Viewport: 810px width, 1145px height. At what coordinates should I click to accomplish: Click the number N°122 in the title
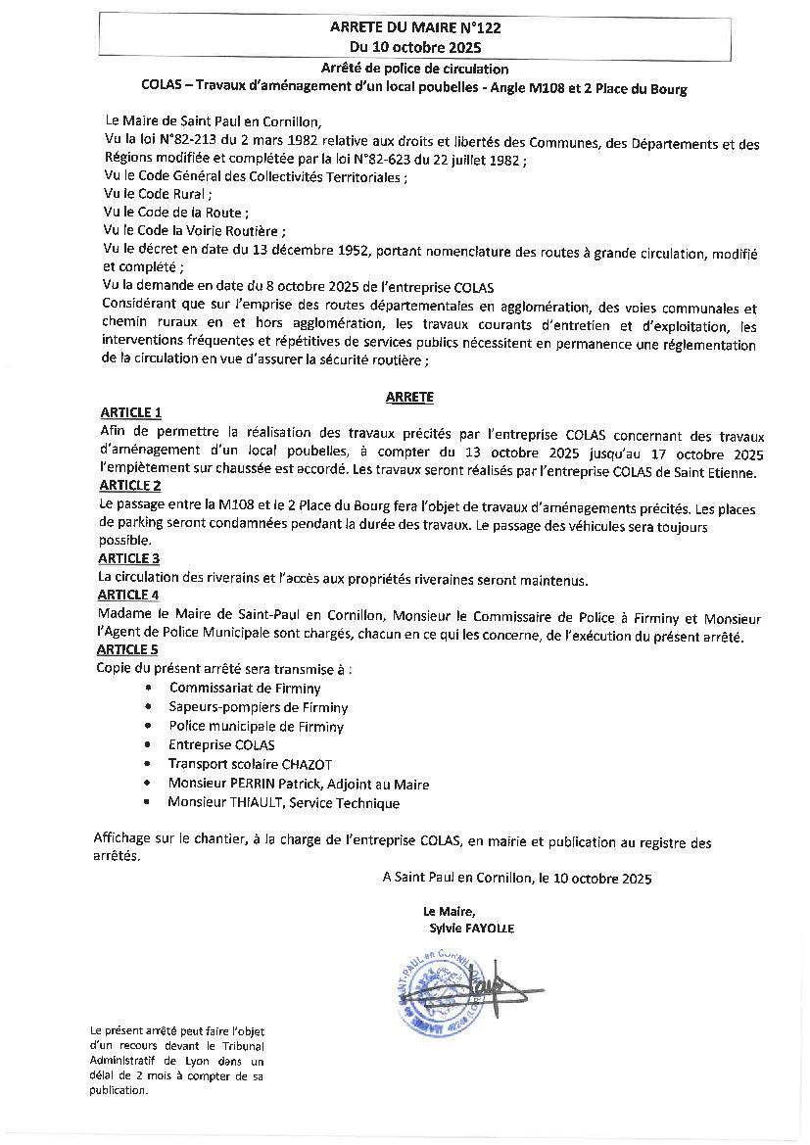[479, 28]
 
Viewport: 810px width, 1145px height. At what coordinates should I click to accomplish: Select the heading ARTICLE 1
[131, 412]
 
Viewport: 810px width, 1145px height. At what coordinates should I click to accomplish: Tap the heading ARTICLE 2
[130, 485]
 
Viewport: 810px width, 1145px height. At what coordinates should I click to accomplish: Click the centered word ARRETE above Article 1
[409, 397]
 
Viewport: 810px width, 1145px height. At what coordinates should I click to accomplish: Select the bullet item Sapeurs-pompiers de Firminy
[258, 707]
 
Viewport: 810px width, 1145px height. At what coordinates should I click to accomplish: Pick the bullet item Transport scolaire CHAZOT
[252, 764]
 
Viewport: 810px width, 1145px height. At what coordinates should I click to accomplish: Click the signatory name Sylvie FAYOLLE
[471, 928]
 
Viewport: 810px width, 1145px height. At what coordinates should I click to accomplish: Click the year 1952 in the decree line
[350, 251]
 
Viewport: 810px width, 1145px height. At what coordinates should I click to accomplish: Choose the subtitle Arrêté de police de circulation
[414, 70]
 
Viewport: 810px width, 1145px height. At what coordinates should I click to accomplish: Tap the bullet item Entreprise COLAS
[221, 745]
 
